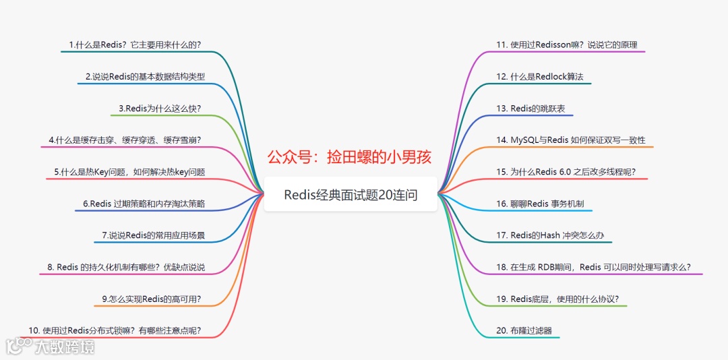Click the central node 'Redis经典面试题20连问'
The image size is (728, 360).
pyautogui.click(x=351, y=196)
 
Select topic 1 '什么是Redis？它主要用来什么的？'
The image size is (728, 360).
pyautogui.click(x=135, y=45)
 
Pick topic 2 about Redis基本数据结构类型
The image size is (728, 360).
pyautogui.click(x=145, y=76)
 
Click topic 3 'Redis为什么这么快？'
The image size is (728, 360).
pyautogui.click(x=160, y=108)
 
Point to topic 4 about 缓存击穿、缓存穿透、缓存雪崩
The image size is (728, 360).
pyautogui.click(x=125, y=140)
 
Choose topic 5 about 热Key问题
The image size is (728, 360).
pyautogui.click(x=129, y=172)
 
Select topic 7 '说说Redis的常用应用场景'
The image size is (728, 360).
pyautogui.click(x=153, y=235)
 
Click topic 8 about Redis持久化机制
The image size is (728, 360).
pyautogui.click(x=126, y=267)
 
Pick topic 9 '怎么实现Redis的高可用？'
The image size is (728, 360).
pyautogui.click(x=151, y=299)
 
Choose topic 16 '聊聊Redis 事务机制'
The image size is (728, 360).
pyautogui.click(x=545, y=204)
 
